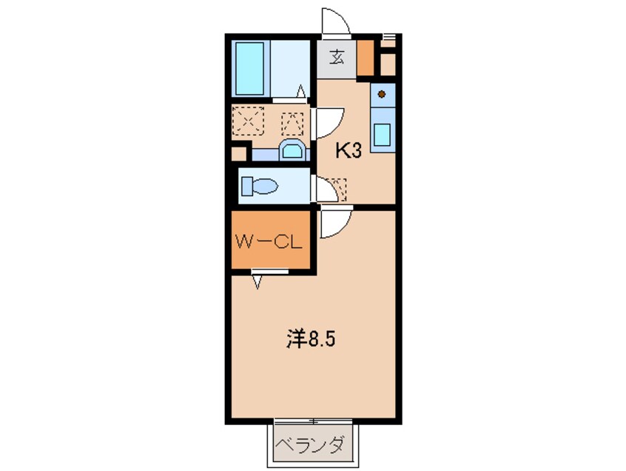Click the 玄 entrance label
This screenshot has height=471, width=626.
click(337, 56)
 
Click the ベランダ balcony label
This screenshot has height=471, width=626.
click(311, 446)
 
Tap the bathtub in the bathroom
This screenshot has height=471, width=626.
click(250, 68)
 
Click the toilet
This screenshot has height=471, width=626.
click(258, 184)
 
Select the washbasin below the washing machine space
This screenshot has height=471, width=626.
click(293, 150)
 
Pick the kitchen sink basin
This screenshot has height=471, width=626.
click(383, 136)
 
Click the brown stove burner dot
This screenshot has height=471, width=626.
click(382, 95)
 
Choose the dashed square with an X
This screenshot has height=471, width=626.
click(248, 120)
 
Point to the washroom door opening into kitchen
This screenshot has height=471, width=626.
click(331, 121)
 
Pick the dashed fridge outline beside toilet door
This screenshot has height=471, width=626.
click(337, 188)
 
